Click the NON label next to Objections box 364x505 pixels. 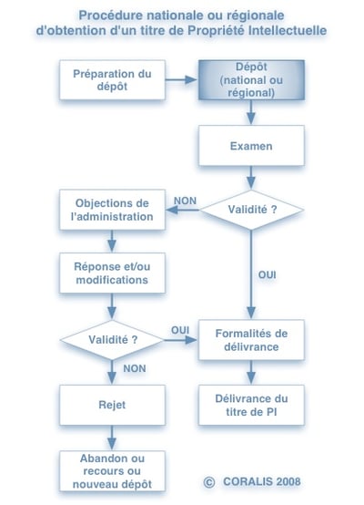186,201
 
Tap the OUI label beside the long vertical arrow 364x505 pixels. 268,274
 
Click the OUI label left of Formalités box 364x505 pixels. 179,329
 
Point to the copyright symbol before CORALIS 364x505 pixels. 208,480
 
